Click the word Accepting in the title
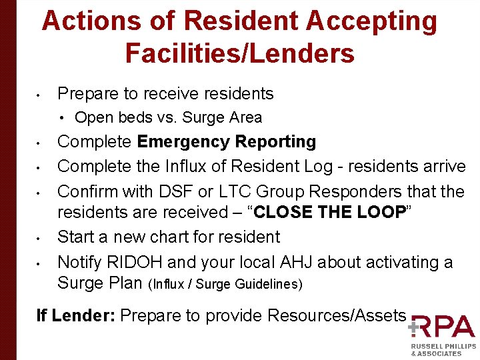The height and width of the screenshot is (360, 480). point(371,21)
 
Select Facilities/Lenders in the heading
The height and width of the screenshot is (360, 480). point(239,53)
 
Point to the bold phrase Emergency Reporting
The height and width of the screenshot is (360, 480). point(227,142)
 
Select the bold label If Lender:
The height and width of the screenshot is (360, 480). point(74,315)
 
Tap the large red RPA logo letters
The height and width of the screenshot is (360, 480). point(443,327)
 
